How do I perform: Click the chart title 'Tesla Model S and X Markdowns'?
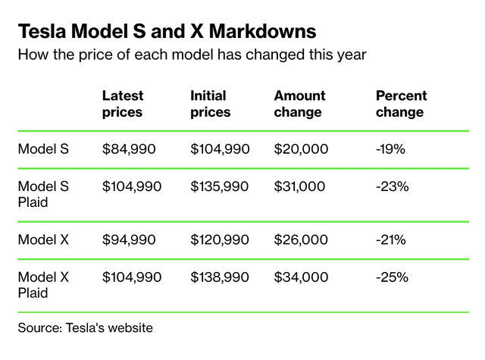tap(166, 32)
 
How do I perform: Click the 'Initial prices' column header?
tap(210, 104)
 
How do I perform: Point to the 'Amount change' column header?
tap(299, 104)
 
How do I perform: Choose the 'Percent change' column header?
tap(401, 104)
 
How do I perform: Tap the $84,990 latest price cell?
tap(128, 149)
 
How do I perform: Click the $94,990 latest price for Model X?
tap(128, 240)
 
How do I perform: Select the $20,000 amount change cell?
tap(301, 149)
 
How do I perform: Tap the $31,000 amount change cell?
tap(301, 186)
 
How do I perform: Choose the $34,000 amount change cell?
tap(301, 277)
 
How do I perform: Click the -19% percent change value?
tap(390, 149)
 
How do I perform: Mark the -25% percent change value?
tap(391, 277)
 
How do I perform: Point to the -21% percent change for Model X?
tap(390, 240)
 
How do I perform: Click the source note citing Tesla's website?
tap(85, 328)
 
